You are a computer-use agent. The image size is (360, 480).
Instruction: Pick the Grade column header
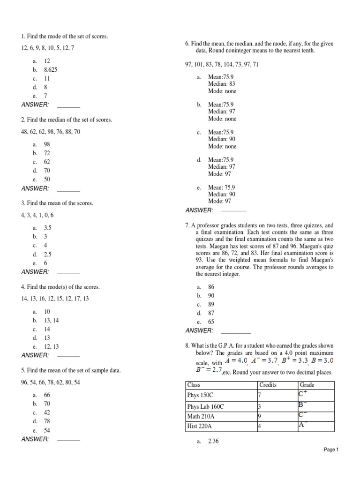pyautogui.click(x=307, y=385)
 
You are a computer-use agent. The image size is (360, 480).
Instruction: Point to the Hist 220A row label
pyautogui.click(x=199, y=426)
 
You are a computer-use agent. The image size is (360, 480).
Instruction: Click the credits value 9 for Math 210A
pyautogui.click(x=259, y=416)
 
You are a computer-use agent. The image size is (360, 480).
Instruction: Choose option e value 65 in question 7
pyautogui.click(x=211, y=322)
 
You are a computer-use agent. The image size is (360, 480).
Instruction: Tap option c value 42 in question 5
pyautogui.click(x=47, y=413)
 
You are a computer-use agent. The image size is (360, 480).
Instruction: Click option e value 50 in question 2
pyautogui.click(x=47, y=180)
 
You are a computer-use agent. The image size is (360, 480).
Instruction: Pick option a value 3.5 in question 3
pyautogui.click(x=47, y=228)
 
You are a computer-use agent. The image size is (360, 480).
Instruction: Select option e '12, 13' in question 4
pyautogui.click(x=51, y=346)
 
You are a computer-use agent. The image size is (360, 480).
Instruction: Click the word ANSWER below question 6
pyautogui.click(x=199, y=210)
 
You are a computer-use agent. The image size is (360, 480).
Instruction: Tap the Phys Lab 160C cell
pyautogui.click(x=205, y=406)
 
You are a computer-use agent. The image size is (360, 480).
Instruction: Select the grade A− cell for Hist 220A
pyautogui.click(x=303, y=425)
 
